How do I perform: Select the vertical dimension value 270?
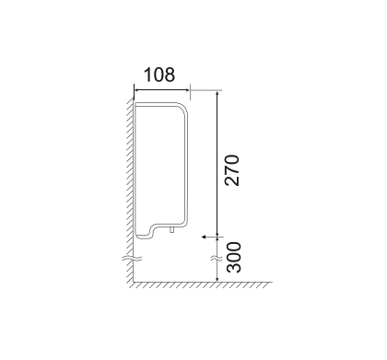[233, 170]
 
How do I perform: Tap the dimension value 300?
[233, 257]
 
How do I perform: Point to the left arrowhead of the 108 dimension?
[137, 89]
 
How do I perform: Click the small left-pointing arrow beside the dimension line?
[203, 238]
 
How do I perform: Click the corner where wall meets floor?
[129, 280]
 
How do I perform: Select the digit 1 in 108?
[148, 74]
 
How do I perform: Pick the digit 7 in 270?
[233, 170]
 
